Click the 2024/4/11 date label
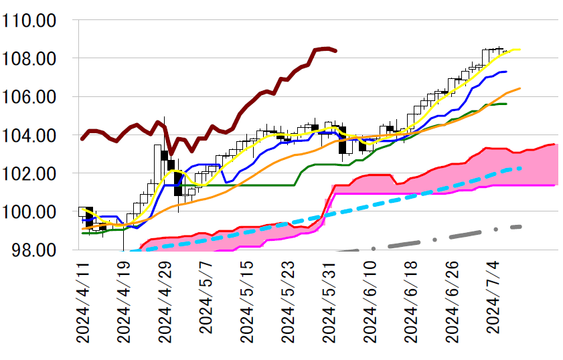pos(83,302)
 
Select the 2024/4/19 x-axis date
pos(125,302)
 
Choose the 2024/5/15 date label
pos(249,302)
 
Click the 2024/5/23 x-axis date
pos(291,302)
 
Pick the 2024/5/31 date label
pos(332,302)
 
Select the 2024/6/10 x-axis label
pos(374,302)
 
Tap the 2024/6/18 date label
pos(415,302)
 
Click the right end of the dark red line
pos(336,51)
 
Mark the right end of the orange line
pos(520,88)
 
